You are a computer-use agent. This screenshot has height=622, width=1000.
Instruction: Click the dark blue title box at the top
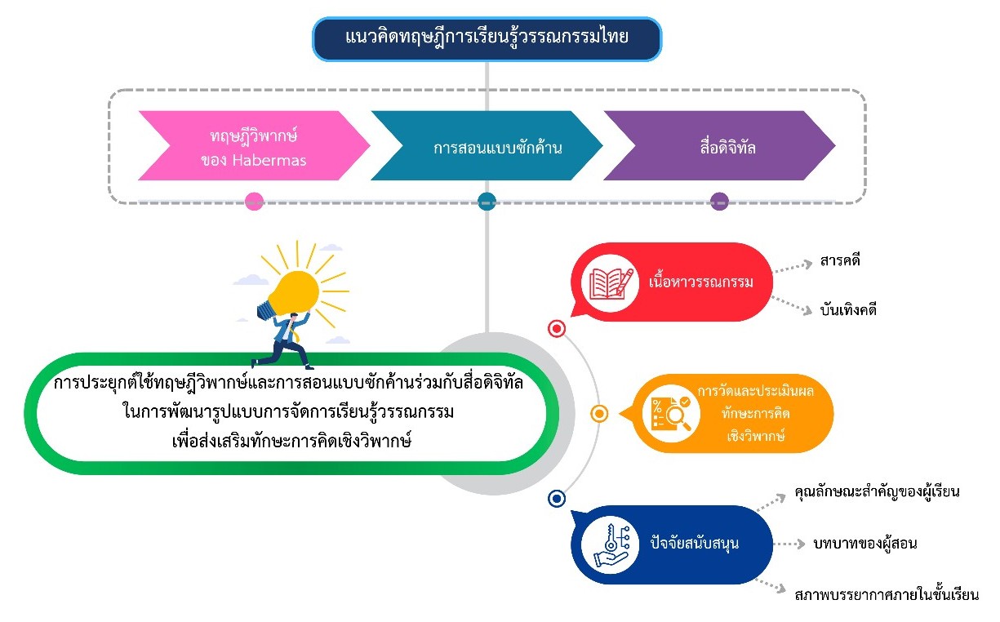point(487,38)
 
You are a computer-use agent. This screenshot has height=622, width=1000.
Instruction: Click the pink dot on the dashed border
point(254,201)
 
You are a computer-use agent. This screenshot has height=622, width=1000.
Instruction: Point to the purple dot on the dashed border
point(719,201)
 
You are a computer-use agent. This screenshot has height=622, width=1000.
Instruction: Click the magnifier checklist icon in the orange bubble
point(670,413)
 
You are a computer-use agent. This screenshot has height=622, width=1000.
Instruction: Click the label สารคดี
point(840,262)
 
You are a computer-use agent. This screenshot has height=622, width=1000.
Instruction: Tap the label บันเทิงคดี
point(848,310)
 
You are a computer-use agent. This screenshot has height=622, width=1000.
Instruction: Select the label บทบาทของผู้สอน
point(864,543)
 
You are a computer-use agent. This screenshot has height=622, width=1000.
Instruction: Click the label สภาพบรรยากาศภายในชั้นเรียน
point(886,594)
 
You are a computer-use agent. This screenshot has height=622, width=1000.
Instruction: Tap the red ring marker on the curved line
point(558,329)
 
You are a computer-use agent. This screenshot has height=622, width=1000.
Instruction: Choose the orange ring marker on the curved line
point(599,414)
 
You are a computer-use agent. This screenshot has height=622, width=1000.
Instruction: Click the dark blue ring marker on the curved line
point(558,498)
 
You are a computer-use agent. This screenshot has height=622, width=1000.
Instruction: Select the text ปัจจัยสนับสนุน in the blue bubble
point(694,543)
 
